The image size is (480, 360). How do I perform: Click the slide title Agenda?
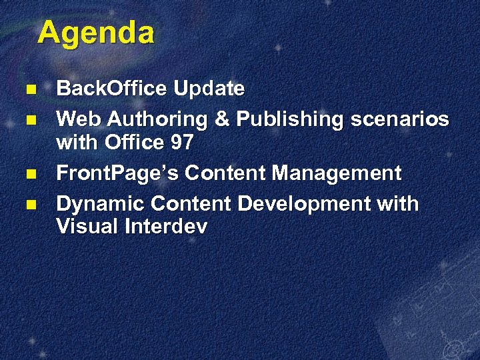coord(95,33)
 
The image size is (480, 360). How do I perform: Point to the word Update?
coord(209,88)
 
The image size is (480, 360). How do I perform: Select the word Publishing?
coord(287,119)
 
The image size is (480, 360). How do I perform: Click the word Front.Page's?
coord(117,173)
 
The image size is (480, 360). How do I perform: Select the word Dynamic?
coord(100,203)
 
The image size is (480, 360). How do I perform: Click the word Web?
coord(79,119)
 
